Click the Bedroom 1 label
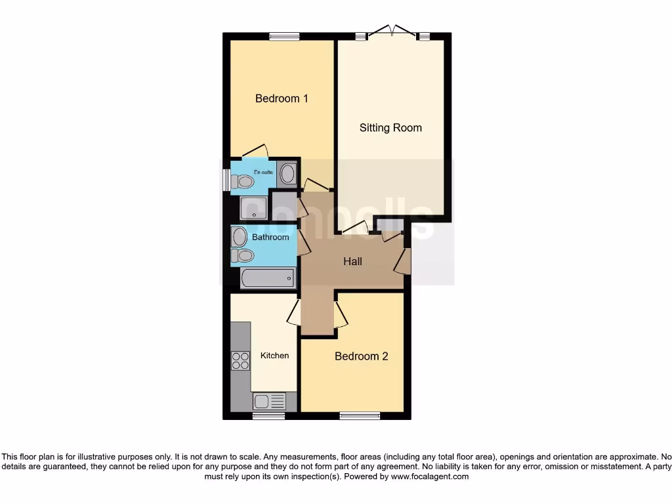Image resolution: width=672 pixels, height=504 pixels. pyautogui.click(x=282, y=98)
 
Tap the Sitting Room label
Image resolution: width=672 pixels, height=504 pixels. pyautogui.click(x=390, y=127)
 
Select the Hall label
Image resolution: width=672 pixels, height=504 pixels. pyautogui.click(x=353, y=261)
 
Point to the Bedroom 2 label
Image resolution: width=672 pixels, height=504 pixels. pyautogui.click(x=361, y=356)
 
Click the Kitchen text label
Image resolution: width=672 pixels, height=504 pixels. pyautogui.click(x=274, y=355)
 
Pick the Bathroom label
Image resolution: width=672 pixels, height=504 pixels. pyautogui.click(x=270, y=237)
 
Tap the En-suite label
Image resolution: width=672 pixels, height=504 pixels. pyautogui.click(x=263, y=172)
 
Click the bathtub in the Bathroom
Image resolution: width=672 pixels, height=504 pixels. pyautogui.click(x=268, y=278)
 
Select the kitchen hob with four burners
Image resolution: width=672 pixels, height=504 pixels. pyautogui.click(x=240, y=360)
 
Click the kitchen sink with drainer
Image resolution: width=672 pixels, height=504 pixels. pyautogui.click(x=270, y=401)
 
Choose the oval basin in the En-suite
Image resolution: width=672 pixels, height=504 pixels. pyautogui.click(x=287, y=175)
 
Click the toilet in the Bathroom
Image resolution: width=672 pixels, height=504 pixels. pyautogui.click(x=242, y=255)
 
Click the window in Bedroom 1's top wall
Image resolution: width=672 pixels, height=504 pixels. pyautogui.click(x=284, y=37)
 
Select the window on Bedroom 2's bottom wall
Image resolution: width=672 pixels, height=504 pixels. pyautogui.click(x=360, y=415)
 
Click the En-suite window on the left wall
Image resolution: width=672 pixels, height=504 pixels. pyautogui.click(x=226, y=180)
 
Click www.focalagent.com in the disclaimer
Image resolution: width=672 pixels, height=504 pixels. pyautogui.click(x=430, y=476)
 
